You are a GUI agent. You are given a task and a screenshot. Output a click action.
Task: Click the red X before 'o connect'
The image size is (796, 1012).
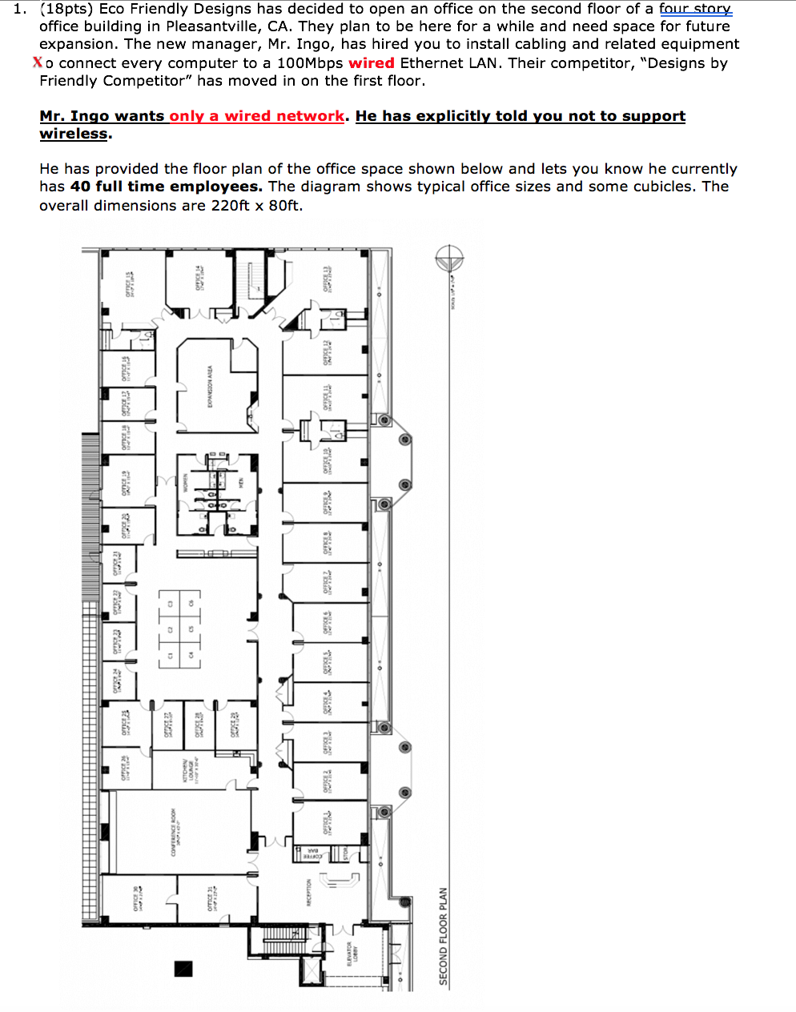click(x=38, y=62)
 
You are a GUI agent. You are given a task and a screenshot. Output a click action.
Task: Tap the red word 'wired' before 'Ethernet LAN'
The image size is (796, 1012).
click(x=372, y=62)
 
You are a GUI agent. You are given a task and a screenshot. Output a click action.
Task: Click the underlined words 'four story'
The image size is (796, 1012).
click(x=695, y=9)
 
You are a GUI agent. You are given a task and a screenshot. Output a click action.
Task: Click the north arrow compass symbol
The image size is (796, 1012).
click(x=449, y=259)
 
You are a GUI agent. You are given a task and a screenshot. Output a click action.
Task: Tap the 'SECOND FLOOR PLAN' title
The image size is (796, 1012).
click(x=443, y=936)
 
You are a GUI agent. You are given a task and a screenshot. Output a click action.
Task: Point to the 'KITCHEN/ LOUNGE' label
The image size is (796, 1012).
click(x=188, y=770)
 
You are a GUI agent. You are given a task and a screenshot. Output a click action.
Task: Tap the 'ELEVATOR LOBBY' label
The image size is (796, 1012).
click(x=352, y=952)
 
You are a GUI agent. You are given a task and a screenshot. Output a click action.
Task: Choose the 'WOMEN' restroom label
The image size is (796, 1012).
click(x=185, y=482)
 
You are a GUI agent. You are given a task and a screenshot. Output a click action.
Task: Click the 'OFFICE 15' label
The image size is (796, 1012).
click(x=129, y=284)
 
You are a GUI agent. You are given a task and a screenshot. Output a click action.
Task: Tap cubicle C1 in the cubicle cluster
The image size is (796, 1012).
click(x=170, y=656)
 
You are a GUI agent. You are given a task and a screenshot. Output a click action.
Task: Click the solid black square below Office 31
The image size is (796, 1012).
click(x=184, y=968)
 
